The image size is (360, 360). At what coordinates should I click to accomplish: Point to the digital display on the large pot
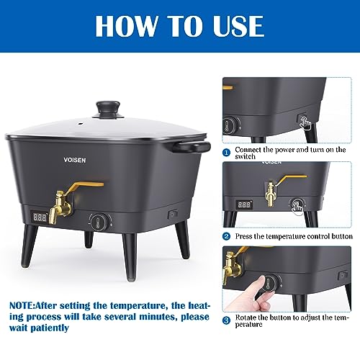coord(40,215)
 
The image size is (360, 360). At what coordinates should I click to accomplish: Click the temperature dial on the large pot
coord(98,220)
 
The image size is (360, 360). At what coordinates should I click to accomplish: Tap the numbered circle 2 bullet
coord(226,235)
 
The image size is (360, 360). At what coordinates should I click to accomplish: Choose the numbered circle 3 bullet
coord(226,319)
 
